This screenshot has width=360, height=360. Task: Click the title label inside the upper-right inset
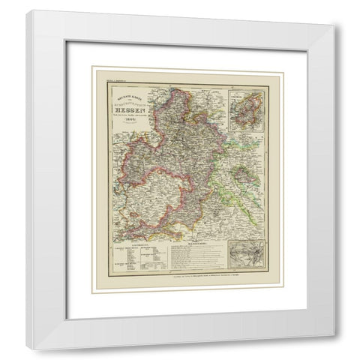(247, 93)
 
